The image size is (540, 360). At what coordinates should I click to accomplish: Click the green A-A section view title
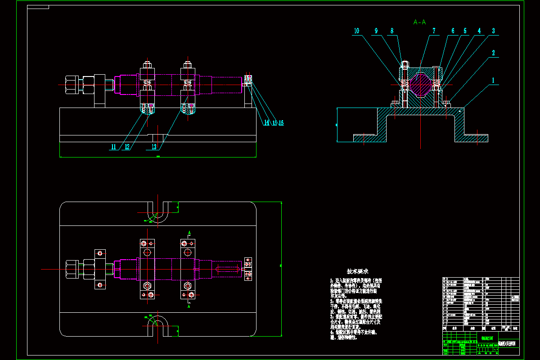[x=419, y=22]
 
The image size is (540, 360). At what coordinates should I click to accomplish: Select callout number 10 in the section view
[x=356, y=31]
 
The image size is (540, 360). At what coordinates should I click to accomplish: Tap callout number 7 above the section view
[x=434, y=31]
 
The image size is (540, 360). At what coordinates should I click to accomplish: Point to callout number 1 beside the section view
[x=493, y=81]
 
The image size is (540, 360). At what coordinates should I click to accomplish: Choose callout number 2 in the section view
[x=493, y=53]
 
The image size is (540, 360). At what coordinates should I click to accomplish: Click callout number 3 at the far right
[x=493, y=31]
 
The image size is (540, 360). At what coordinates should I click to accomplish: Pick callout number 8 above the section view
[x=392, y=31]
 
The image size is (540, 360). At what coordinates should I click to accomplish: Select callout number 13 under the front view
[x=154, y=147]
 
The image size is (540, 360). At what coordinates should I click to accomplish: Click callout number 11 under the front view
[x=113, y=147]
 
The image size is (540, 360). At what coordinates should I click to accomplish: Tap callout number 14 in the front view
[x=266, y=122]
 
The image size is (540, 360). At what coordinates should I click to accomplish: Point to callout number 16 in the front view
[x=281, y=122]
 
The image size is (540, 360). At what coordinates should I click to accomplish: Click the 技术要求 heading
[x=358, y=271]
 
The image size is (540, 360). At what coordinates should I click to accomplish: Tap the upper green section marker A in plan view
[x=189, y=233]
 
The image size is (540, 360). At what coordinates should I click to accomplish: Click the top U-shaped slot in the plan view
[x=157, y=211]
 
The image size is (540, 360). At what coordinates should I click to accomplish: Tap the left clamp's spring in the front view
[x=147, y=84]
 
